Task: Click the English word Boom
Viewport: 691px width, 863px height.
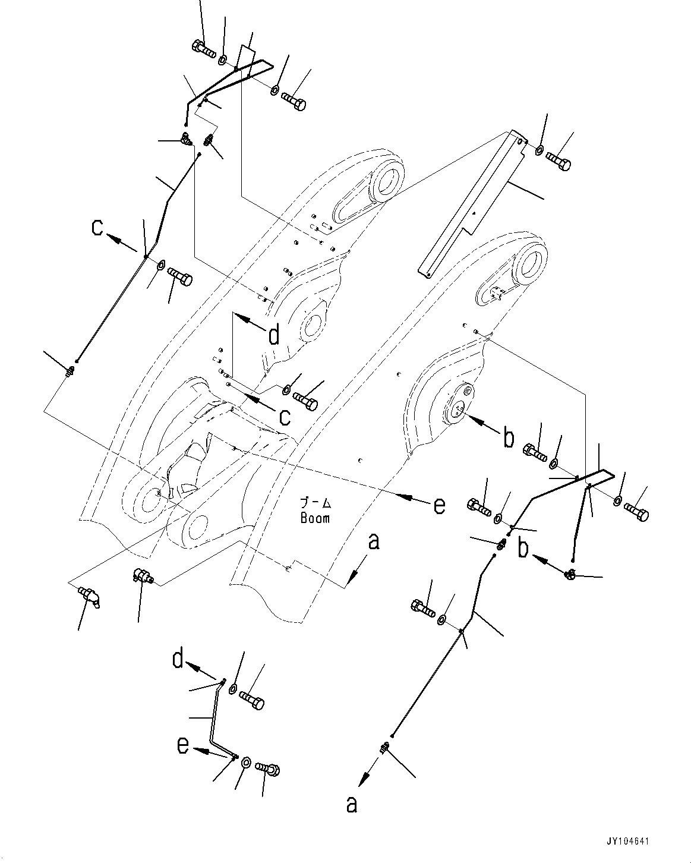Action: (x=315, y=518)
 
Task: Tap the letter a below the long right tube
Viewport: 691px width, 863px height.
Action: (x=352, y=804)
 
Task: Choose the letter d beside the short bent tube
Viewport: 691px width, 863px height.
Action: (x=178, y=659)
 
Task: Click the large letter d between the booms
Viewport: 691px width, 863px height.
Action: (x=273, y=336)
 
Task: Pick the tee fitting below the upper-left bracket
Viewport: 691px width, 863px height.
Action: (x=186, y=140)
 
